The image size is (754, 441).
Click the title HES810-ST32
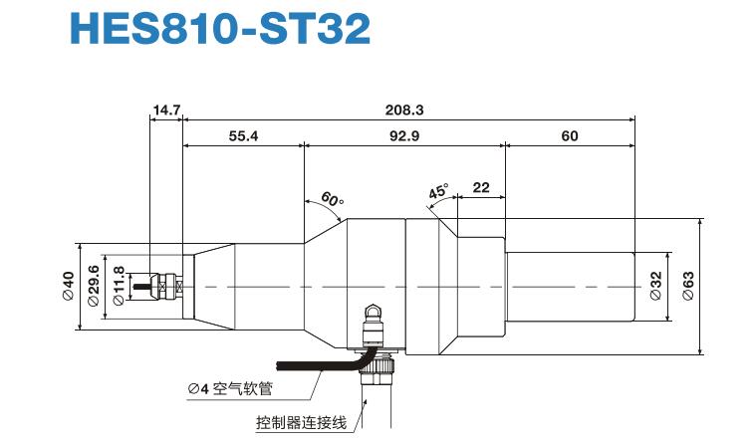coord(219,29)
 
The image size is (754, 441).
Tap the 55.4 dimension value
coord(242,136)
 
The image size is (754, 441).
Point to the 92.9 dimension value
coord(404,136)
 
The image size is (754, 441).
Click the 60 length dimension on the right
coord(569,136)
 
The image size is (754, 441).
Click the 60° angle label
coord(332,199)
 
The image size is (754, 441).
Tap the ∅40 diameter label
coord(69,287)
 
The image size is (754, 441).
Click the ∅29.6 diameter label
coord(94,287)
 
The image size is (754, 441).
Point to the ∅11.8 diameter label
coord(119,287)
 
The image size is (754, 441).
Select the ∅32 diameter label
coord(655,287)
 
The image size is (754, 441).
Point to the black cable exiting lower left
coord(299,362)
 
